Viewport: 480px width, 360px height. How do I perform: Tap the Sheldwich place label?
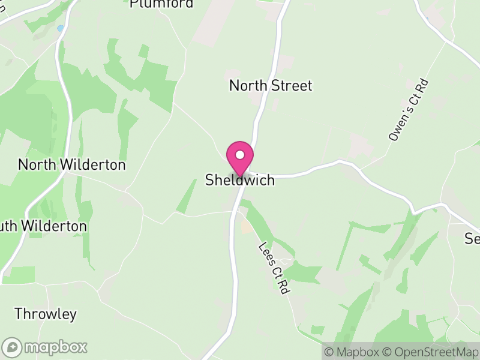click(240, 180)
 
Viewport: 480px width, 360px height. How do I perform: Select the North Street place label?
click(271, 86)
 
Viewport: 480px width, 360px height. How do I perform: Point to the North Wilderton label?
click(71, 164)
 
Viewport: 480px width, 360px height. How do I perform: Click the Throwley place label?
click(46, 314)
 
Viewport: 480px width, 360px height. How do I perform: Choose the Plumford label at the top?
click(162, 4)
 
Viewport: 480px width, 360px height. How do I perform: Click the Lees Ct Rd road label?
click(274, 268)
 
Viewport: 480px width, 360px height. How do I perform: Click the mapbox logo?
click(45, 347)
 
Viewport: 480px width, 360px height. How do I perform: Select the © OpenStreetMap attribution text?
click(430, 352)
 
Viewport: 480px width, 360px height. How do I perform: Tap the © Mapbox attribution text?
click(354, 352)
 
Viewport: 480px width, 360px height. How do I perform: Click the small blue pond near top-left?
click(60, 28)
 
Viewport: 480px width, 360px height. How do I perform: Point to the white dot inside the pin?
click(240, 155)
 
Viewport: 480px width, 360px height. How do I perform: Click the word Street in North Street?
click(292, 86)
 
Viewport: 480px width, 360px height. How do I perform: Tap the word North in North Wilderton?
click(35, 164)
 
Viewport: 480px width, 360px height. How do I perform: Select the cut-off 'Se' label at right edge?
click(472, 239)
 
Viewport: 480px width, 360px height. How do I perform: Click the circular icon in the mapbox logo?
click(13, 347)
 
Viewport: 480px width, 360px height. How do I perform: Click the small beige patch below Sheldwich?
click(247, 226)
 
